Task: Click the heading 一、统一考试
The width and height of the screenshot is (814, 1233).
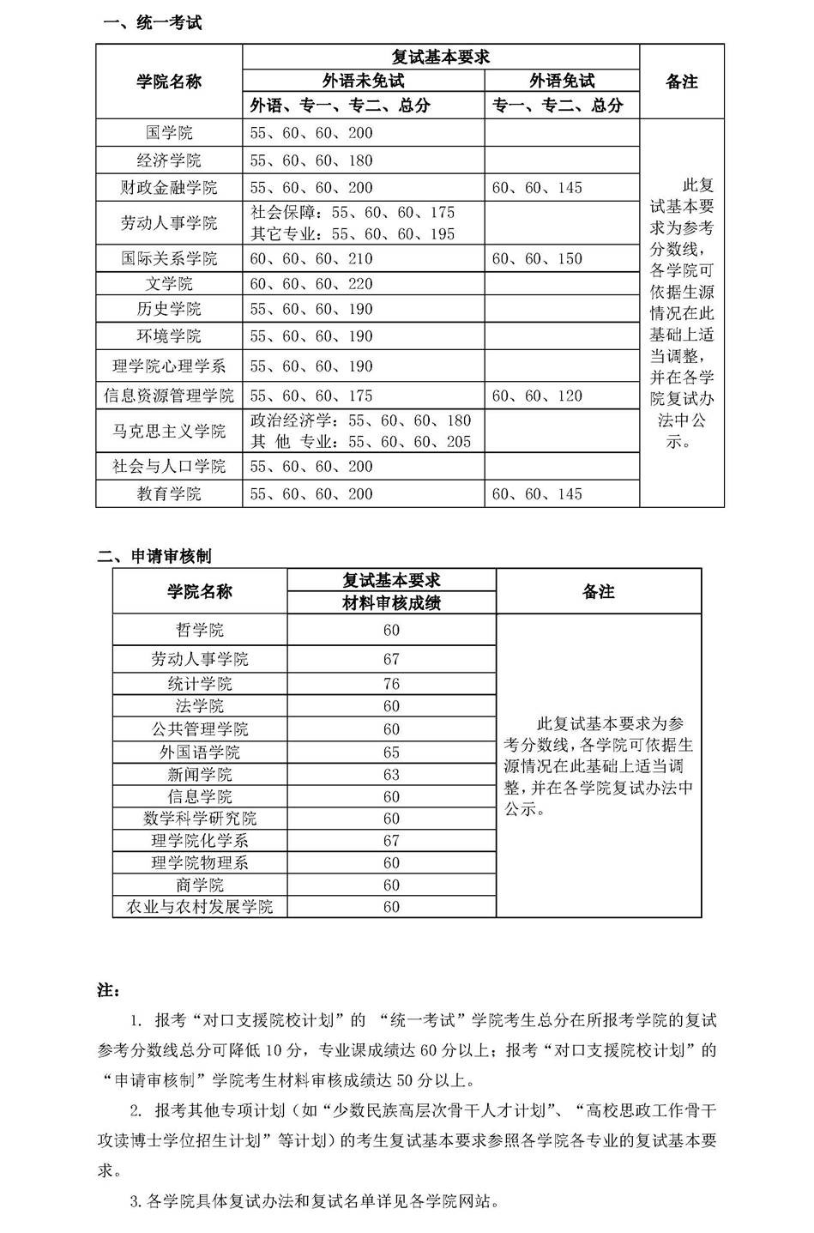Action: (152, 23)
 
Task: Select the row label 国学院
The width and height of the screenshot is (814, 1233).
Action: (169, 133)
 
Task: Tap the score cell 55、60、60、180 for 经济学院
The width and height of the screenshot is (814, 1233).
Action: (311, 160)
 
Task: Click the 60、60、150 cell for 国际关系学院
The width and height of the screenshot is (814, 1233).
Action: (537, 258)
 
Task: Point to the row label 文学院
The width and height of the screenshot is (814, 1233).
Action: (169, 284)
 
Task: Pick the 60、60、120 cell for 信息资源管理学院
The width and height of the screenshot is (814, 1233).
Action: (537, 396)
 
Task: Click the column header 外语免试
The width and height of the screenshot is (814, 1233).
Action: (562, 81)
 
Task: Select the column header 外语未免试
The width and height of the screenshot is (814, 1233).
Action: (363, 81)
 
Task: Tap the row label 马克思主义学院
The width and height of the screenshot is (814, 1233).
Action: (169, 431)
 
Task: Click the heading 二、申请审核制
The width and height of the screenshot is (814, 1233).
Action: (154, 556)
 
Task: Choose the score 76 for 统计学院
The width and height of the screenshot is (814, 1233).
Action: (391, 684)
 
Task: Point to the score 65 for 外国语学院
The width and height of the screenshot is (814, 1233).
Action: (391, 752)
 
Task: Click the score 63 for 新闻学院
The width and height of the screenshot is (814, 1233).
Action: (391, 774)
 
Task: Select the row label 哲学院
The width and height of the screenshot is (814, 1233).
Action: (200, 630)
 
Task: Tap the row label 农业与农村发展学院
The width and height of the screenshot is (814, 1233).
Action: (200, 907)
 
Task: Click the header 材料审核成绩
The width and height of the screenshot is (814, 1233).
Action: (391, 603)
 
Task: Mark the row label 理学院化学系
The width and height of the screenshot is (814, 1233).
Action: (200, 841)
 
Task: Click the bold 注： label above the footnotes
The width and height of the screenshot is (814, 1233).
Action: (108, 990)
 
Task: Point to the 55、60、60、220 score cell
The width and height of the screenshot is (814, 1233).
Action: (311, 284)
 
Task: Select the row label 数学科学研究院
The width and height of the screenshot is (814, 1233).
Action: (200, 819)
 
